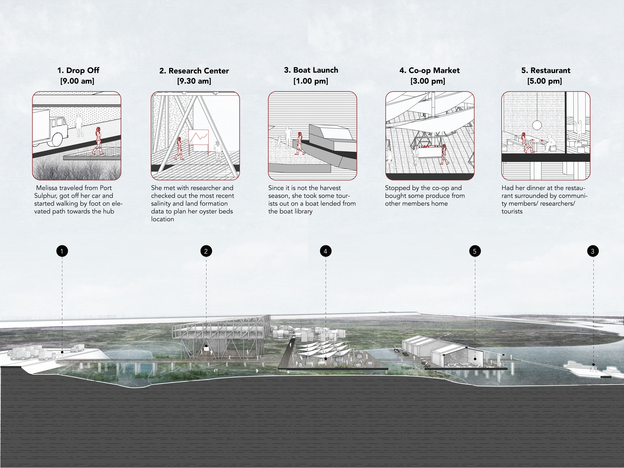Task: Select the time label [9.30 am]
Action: pos(194,81)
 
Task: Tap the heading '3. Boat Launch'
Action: pos(311,70)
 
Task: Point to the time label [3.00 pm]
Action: pos(428,81)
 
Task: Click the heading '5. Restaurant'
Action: pos(546,71)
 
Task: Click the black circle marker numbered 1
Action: pos(62,251)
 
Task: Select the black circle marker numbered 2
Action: pos(206,251)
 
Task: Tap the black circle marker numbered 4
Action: pos(326,251)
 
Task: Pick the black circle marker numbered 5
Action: pos(475,251)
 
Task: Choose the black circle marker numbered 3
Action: pos(593,251)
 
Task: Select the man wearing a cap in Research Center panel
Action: pos(218,151)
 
